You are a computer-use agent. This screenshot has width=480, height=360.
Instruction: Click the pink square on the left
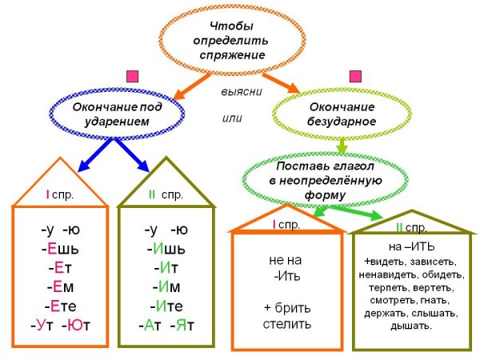133,77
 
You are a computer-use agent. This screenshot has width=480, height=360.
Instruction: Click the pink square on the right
355,77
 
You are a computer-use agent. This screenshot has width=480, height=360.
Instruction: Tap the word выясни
242,90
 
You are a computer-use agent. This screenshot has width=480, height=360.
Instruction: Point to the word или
232,118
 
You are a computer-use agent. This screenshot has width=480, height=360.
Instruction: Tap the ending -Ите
167,306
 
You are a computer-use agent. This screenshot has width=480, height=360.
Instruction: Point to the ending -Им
167,286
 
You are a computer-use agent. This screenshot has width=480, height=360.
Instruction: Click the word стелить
286,324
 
